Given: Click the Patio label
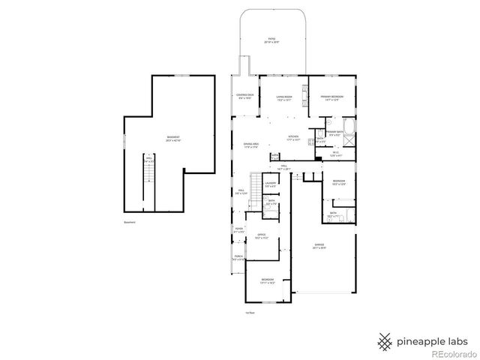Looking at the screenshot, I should [270, 40].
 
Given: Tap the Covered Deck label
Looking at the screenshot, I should [244, 97].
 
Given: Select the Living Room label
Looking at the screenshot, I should [283, 97].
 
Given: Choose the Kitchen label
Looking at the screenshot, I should [293, 138].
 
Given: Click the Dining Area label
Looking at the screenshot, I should [250, 145].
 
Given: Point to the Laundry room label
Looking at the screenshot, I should [271, 184].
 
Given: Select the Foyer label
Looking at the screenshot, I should [238, 229].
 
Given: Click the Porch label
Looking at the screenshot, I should [238, 258].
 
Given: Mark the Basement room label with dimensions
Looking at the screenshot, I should [173, 139].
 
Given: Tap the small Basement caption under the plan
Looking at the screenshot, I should [130, 223].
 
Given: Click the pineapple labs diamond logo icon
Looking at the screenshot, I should [385, 340].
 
